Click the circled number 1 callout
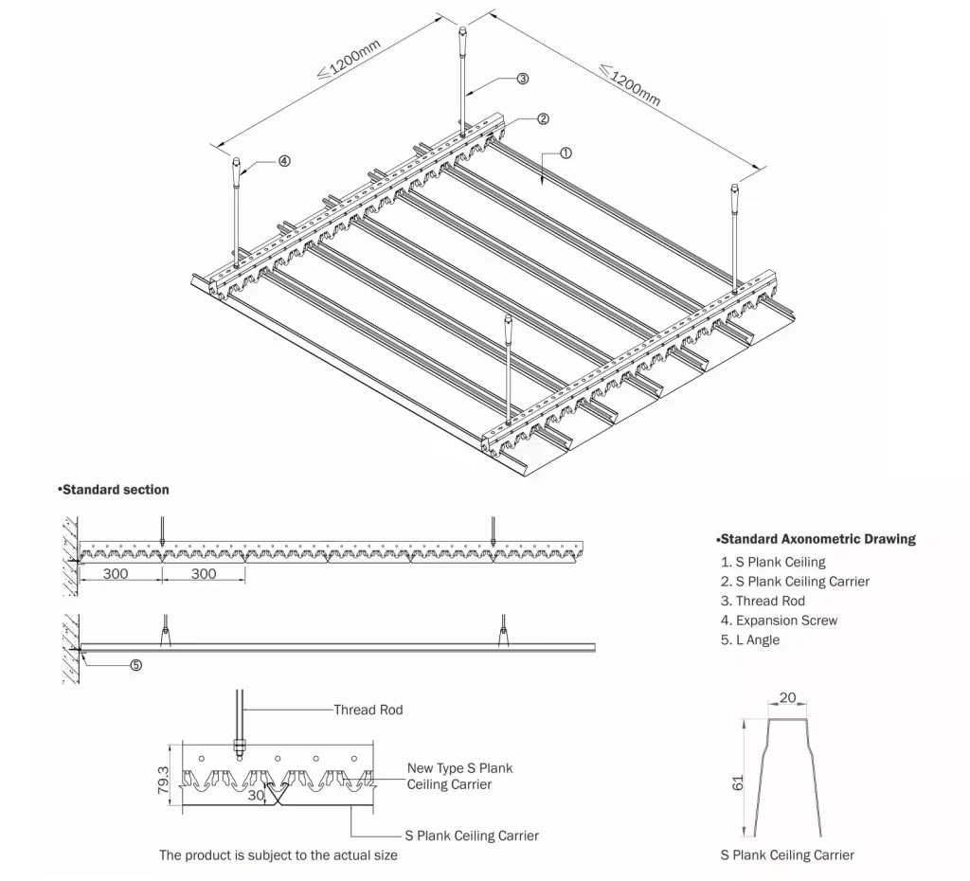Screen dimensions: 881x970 (566, 152)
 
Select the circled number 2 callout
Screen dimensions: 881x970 (543, 119)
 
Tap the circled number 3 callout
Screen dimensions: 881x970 (522, 80)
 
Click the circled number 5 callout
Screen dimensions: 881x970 (135, 665)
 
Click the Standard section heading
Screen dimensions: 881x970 (114, 490)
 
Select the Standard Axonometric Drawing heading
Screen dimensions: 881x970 (816, 539)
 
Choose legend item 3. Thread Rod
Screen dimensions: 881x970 (763, 601)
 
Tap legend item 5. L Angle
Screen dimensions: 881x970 (750, 639)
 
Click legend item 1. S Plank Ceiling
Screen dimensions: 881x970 (773, 562)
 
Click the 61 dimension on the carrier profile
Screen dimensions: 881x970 (738, 781)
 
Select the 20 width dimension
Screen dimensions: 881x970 (787, 698)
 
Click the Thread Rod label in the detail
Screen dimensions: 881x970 (368, 710)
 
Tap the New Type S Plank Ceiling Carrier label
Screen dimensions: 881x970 (459, 776)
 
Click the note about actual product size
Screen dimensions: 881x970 (278, 855)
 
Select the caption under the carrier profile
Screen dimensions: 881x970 (786, 854)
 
